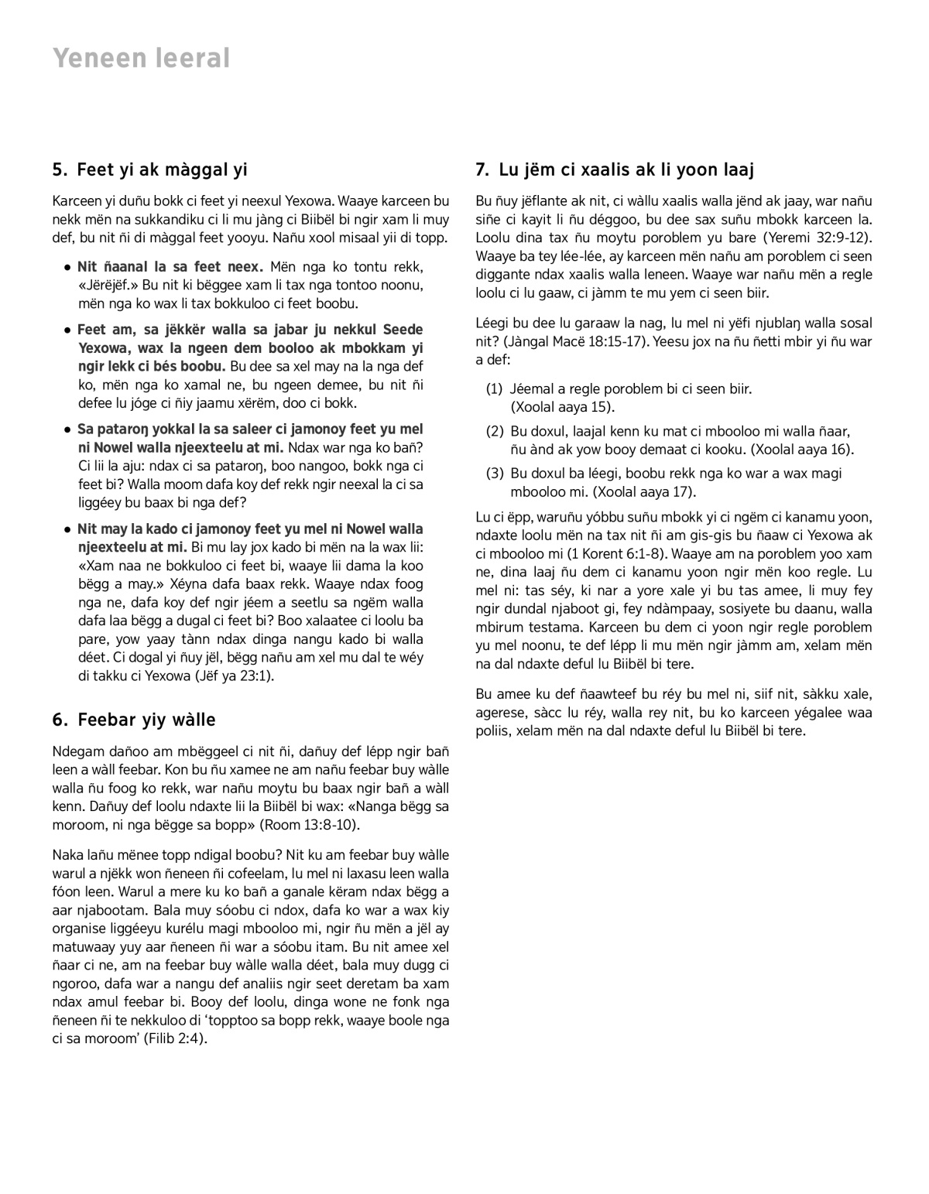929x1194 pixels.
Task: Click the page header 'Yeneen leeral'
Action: pyautogui.click(x=142, y=58)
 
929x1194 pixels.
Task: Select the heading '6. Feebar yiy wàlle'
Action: pyautogui.click(x=134, y=720)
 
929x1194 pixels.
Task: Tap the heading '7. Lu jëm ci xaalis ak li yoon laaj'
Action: pyautogui.click(x=615, y=169)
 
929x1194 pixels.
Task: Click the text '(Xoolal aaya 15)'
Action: pyautogui.click(x=563, y=407)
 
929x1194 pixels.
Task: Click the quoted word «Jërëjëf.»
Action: pyautogui.click(x=109, y=286)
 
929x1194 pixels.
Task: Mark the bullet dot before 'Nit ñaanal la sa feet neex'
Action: pyautogui.click(x=68, y=268)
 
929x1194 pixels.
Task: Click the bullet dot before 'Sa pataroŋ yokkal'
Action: pyautogui.click(x=68, y=429)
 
